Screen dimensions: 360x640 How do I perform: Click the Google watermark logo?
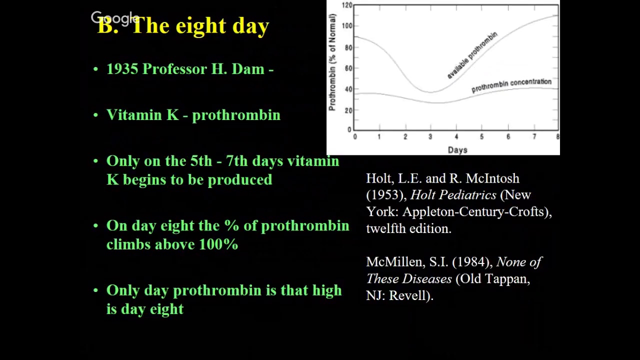coord(115,18)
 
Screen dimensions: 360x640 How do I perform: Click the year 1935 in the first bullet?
coord(122,69)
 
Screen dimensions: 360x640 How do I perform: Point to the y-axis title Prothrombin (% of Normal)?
coord(332,62)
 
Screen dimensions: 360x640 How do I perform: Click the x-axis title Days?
coord(457,149)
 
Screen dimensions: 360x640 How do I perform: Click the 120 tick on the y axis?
coord(347,5)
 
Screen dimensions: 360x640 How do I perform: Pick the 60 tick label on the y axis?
coord(348,68)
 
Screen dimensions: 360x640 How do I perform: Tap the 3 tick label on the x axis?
coord(430,137)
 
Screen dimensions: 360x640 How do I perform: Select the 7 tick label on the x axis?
coord(534,137)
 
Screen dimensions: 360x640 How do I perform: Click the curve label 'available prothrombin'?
coord(472,55)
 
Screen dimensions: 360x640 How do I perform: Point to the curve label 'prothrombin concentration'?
coord(511,85)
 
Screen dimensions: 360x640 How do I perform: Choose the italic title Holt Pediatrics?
coord(453,195)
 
